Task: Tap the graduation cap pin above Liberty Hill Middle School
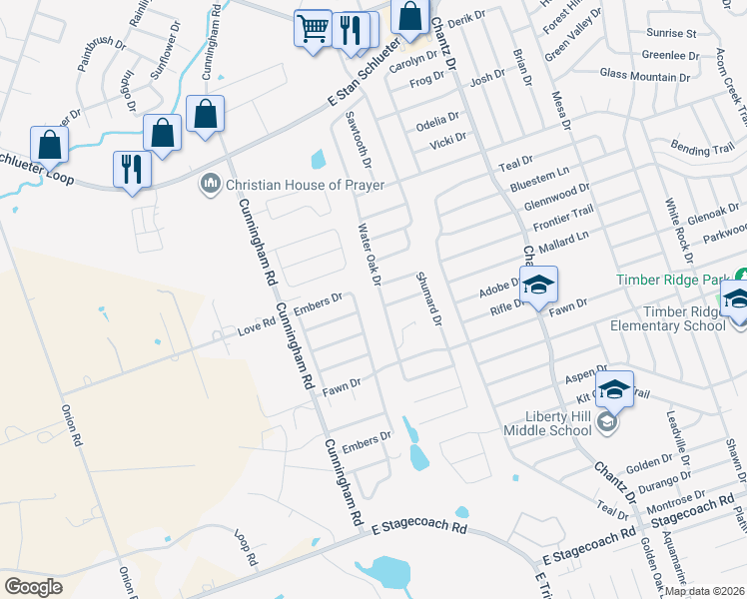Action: click(x=614, y=388)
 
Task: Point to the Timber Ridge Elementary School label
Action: click(x=683, y=318)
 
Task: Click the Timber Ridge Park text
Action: click(x=673, y=281)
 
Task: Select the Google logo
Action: click(x=33, y=586)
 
